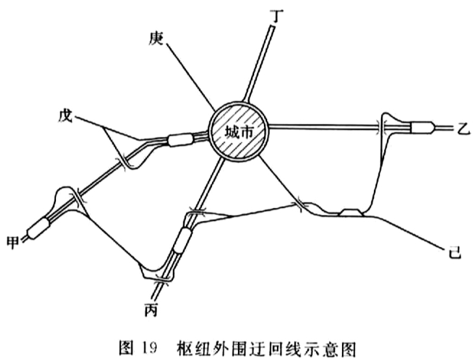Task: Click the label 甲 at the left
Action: pyautogui.click(x=13, y=242)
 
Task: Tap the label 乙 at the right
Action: pyautogui.click(x=462, y=129)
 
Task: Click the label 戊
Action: pyautogui.click(x=66, y=116)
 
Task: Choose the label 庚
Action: pyautogui.click(x=156, y=38)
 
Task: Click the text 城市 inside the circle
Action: pyautogui.click(x=239, y=132)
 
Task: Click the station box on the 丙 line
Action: pyautogui.click(x=183, y=240)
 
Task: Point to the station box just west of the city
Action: pyautogui.click(x=181, y=140)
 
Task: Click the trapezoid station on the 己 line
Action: pyautogui.click(x=350, y=212)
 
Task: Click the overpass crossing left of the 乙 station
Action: pyautogui.click(x=381, y=128)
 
